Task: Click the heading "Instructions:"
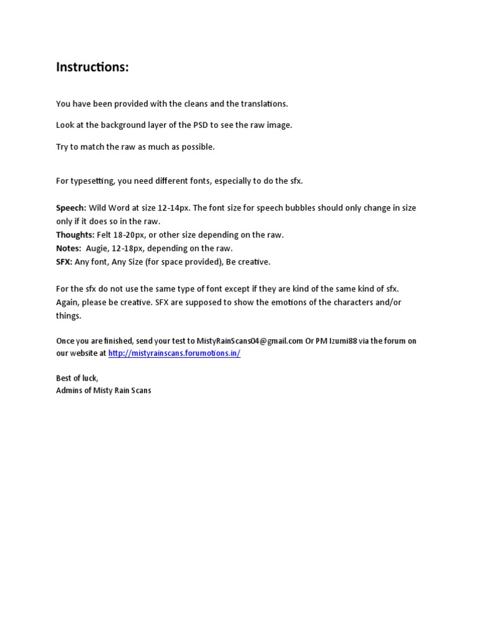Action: [x=93, y=67]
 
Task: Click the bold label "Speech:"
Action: [x=71, y=208]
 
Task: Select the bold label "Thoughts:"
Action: [x=75, y=235]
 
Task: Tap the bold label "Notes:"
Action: [x=68, y=248]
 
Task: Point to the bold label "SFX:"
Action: [x=64, y=262]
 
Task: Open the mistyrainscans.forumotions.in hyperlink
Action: [x=174, y=353]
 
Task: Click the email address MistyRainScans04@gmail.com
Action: [x=250, y=341]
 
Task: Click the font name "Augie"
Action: [x=97, y=248]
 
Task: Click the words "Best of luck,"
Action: [x=77, y=378]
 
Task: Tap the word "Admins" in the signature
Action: [x=69, y=391]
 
